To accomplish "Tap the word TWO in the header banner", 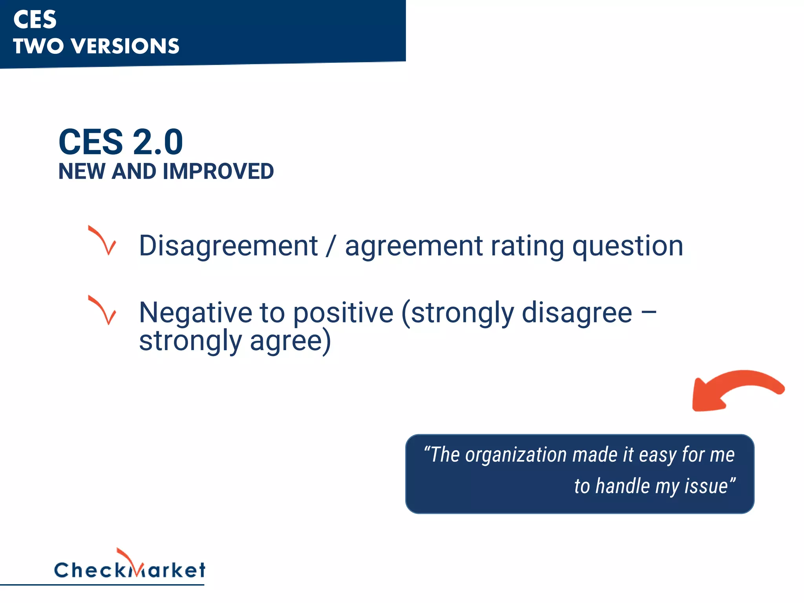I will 38,46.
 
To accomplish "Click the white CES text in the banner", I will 35,20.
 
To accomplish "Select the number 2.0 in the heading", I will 158,142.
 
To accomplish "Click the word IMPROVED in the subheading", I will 218,172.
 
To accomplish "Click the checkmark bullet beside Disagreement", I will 103,240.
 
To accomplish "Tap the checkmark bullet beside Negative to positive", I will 103,310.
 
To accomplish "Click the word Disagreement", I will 228,246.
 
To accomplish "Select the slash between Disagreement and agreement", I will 331,246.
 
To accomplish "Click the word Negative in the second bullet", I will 195,313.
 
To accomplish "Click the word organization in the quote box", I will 515,455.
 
